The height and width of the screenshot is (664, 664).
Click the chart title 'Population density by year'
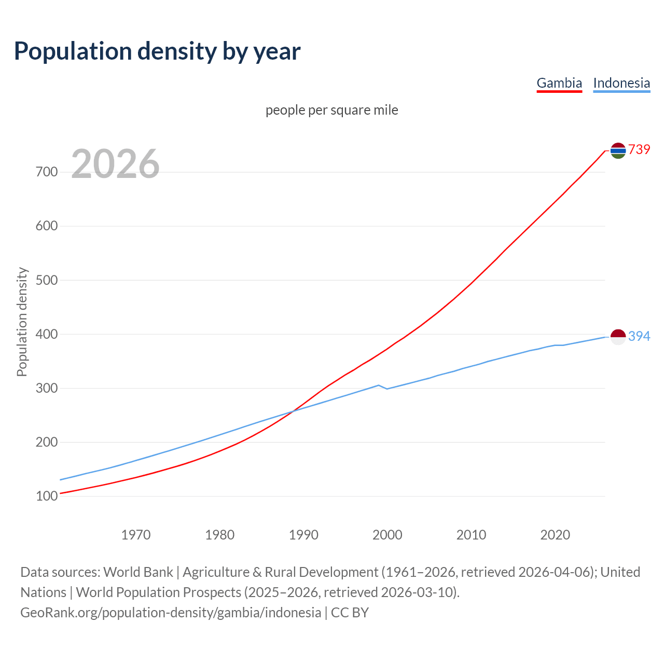(157, 51)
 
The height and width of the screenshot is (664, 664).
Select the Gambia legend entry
(559, 83)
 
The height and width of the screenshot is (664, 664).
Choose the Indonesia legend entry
(621, 83)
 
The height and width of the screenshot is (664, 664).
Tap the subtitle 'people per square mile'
(331, 110)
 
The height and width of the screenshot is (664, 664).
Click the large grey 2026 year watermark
(115, 164)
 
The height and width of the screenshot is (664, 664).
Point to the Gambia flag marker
(618, 150)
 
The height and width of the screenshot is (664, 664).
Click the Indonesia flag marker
(618, 337)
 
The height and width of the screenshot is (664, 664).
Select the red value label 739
(639, 149)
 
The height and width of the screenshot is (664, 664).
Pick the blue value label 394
(639, 336)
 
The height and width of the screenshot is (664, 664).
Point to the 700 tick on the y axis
(47, 172)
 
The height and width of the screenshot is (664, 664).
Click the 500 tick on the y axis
(47, 280)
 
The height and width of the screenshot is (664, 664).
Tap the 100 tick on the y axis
(47, 496)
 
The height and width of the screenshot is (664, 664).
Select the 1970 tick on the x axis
(136, 535)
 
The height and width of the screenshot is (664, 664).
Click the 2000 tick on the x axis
(388, 535)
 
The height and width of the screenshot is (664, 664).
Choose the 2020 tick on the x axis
(555, 535)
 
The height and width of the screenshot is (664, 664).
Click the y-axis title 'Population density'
(22, 322)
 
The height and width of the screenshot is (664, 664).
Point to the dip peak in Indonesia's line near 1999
(379, 385)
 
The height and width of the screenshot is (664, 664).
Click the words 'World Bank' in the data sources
(138, 572)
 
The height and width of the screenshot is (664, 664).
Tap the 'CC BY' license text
(350, 613)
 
